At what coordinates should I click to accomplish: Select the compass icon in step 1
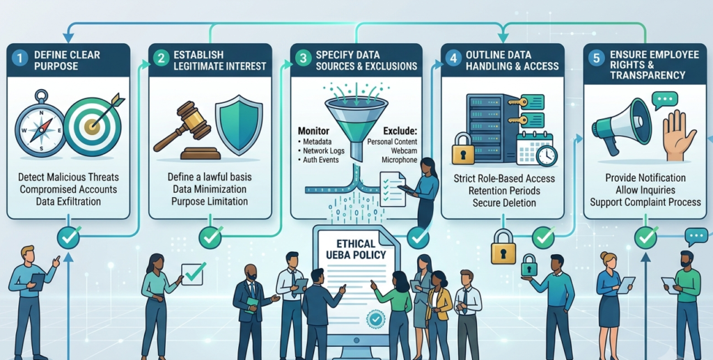[41, 123]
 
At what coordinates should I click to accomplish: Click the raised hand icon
[678, 136]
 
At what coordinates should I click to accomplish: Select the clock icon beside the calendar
[547, 156]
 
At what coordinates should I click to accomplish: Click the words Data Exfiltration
[68, 201]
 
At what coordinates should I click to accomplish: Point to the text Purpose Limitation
[210, 201]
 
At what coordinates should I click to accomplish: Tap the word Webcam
[406, 150]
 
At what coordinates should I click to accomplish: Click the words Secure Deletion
[503, 202]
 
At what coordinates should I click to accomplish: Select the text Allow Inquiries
[645, 189]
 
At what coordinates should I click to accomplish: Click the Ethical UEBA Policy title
[355, 249]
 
